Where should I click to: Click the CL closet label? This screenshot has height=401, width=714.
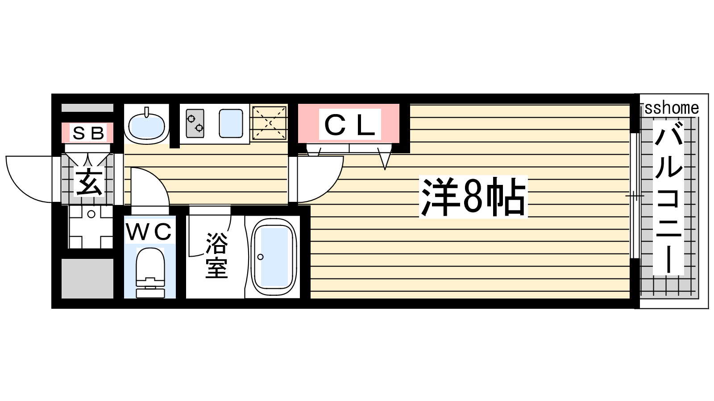pyautogui.click(x=349, y=125)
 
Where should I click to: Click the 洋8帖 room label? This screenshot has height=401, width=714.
pyautogui.click(x=473, y=196)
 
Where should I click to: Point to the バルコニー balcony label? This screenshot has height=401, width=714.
pyautogui.click(x=668, y=197)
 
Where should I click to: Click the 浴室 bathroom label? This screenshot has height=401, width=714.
pyautogui.click(x=216, y=256)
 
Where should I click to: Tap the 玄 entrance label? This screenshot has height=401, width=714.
pyautogui.click(x=89, y=182)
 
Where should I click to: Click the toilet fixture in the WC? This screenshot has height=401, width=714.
pyautogui.click(x=150, y=272)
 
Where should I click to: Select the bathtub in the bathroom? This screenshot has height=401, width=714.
pyautogui.click(x=274, y=257)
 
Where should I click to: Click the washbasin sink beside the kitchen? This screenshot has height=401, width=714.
pyautogui.click(x=147, y=125)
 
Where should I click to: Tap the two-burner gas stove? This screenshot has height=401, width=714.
pyautogui.click(x=195, y=123)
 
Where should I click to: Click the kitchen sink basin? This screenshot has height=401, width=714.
pyautogui.click(x=231, y=123)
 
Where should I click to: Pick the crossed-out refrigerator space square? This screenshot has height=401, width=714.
pyautogui.click(x=269, y=123)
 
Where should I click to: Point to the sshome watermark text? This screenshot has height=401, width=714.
pyautogui.click(x=672, y=108)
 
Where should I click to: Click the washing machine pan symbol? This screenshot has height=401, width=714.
pyautogui.click(x=91, y=227)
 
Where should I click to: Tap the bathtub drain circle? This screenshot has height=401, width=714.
pyautogui.click(x=261, y=257)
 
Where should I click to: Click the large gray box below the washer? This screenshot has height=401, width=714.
pyautogui.click(x=87, y=278)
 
